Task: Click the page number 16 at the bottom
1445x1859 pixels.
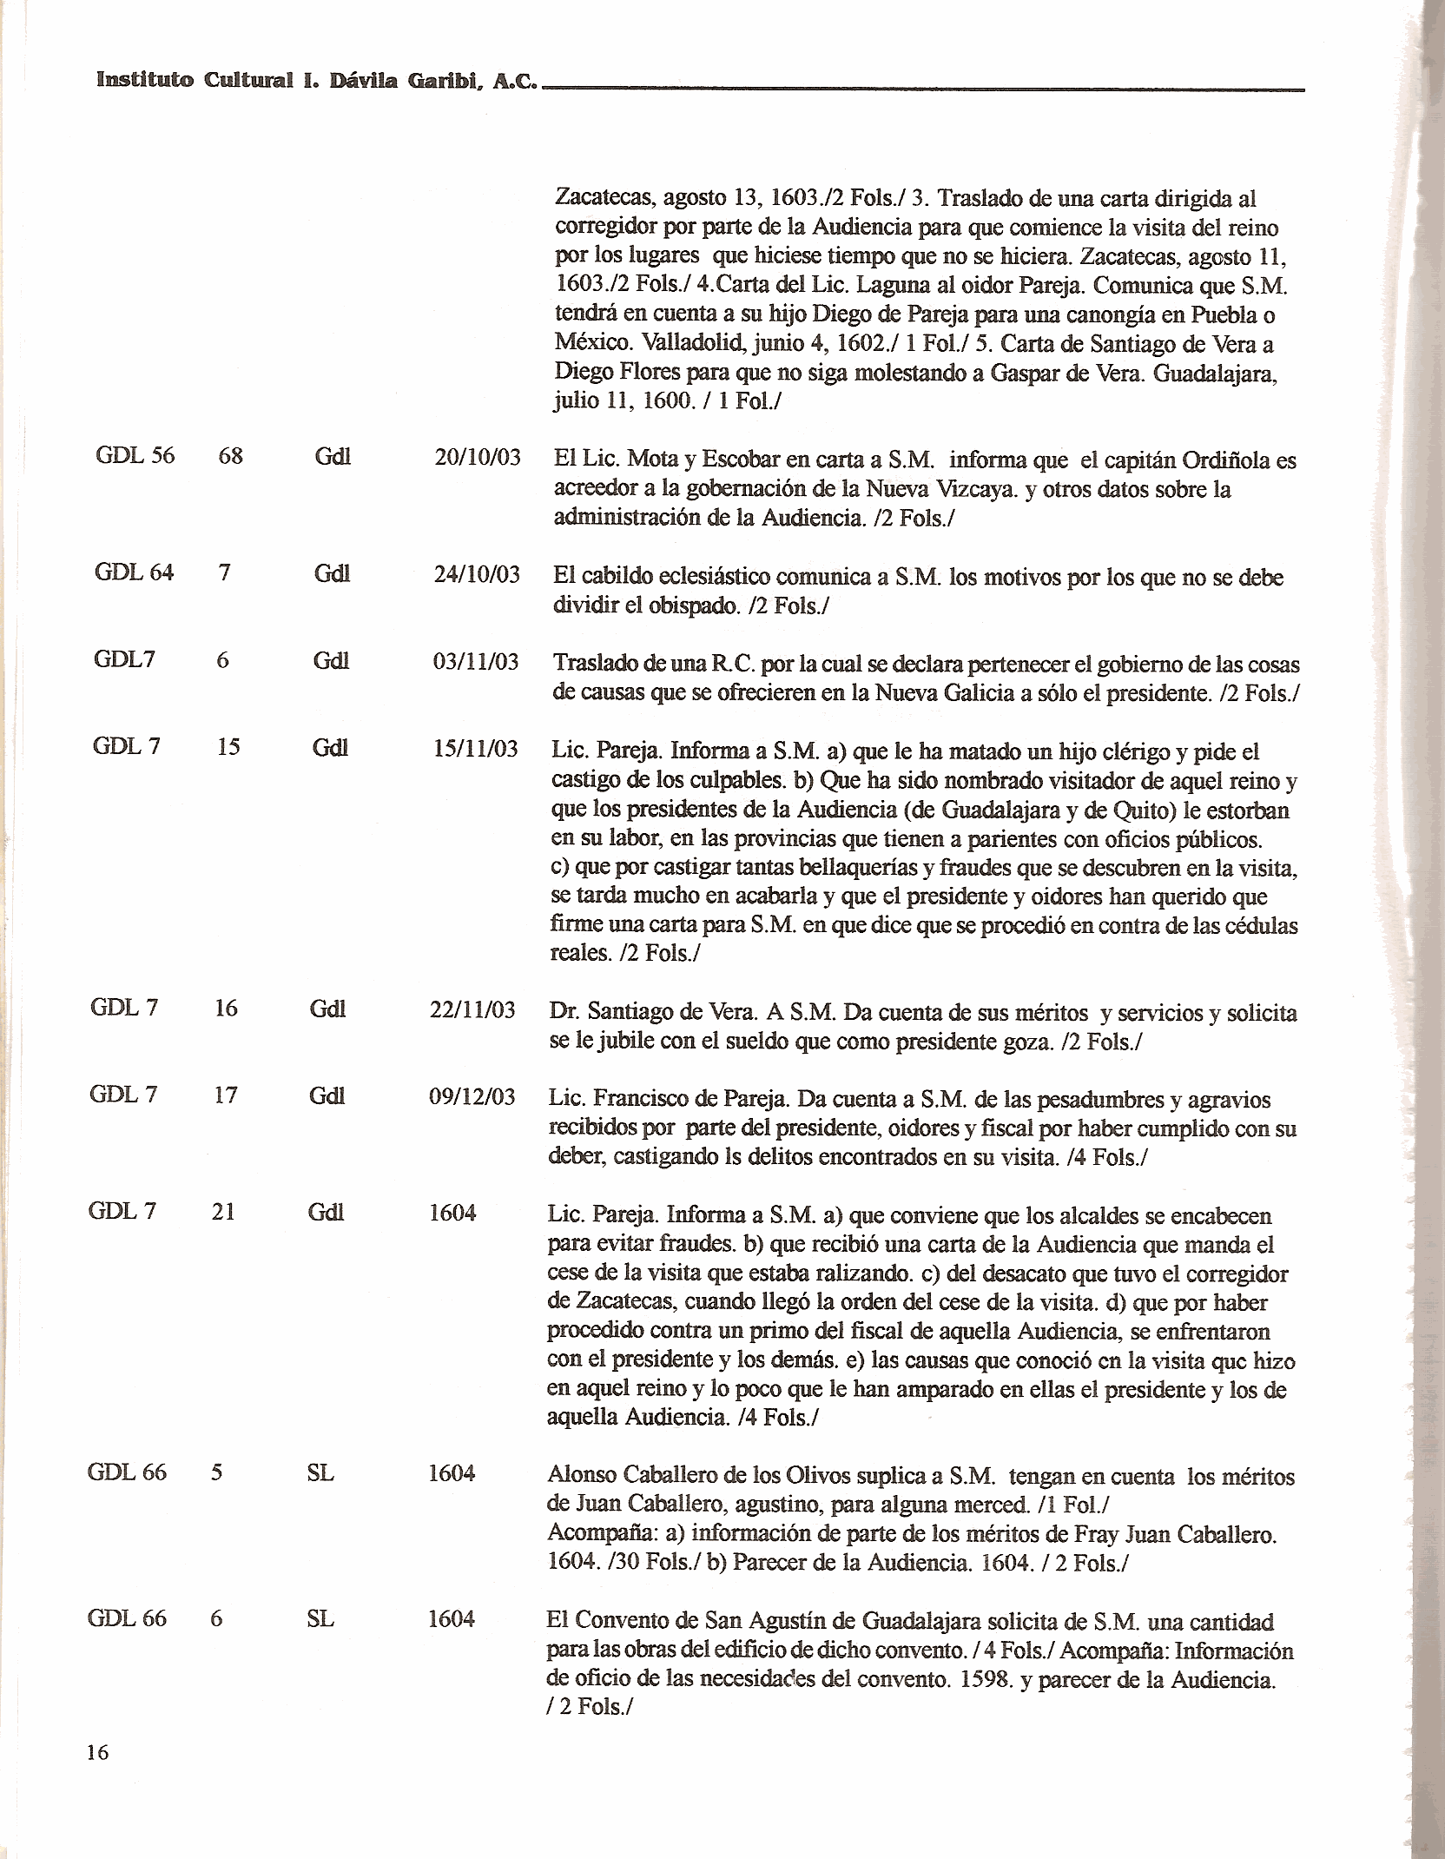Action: pyautogui.click(x=97, y=1753)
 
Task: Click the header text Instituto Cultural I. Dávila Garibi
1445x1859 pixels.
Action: pyautogui.click(x=316, y=82)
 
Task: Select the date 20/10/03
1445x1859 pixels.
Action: pyautogui.click(x=477, y=458)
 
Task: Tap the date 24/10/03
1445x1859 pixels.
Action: pyautogui.click(x=477, y=574)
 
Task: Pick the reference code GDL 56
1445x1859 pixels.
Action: pyautogui.click(x=135, y=455)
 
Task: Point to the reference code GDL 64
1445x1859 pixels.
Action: pyautogui.click(x=134, y=572)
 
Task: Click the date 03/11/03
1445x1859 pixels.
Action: pyautogui.click(x=475, y=662)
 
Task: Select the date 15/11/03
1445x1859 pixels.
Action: pyautogui.click(x=475, y=748)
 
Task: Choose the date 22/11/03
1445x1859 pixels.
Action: pyautogui.click(x=472, y=1009)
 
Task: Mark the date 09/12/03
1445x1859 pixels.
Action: pyautogui.click(x=472, y=1096)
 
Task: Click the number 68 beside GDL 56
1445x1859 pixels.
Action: pyautogui.click(x=230, y=455)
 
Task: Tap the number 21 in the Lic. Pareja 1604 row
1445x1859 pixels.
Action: pyautogui.click(x=223, y=1211)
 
